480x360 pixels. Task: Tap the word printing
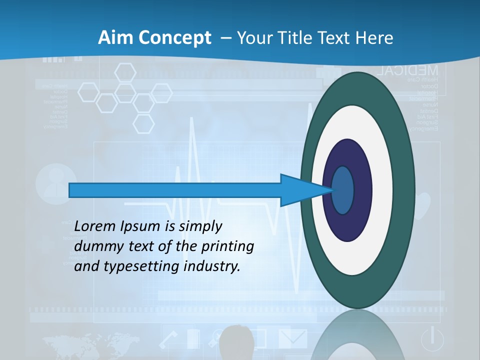tap(227, 246)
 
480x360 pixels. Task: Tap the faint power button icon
tap(432, 338)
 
